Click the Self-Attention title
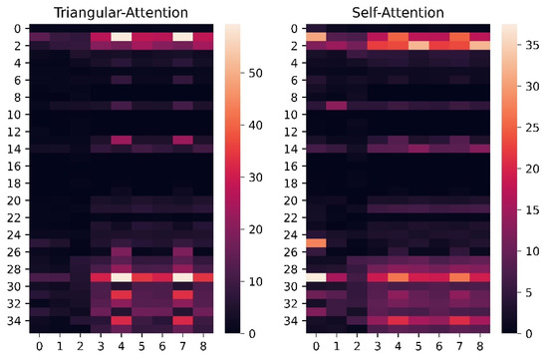[399, 11]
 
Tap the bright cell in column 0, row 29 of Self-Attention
[308, 277]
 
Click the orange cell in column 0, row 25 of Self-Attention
[308, 242]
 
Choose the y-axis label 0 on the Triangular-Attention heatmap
[15, 29]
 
